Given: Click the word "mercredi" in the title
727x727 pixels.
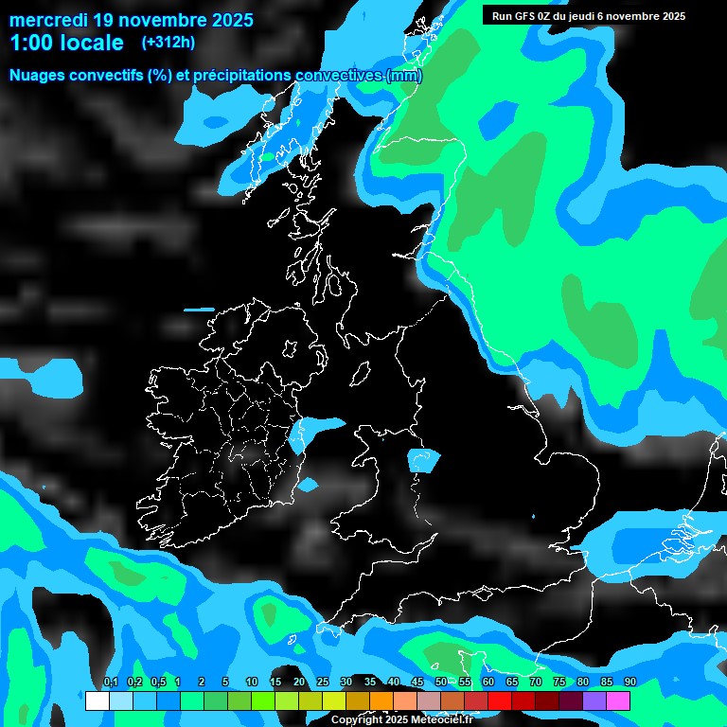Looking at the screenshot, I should tap(48, 20).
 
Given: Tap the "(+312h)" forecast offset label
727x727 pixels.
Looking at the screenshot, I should tap(168, 42).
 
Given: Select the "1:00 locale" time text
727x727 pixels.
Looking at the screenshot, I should tap(66, 43).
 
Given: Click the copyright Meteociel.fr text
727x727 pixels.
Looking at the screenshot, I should tap(401, 719).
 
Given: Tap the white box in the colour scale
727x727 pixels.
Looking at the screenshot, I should tap(98, 701).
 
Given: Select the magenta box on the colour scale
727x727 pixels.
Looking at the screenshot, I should tap(618, 701).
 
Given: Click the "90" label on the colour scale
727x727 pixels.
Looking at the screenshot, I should tap(630, 683).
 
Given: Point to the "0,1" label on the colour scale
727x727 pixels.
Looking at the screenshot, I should tap(110, 683).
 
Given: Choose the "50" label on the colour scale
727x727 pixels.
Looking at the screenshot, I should tap(441, 683).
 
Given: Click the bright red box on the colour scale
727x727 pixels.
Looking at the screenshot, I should tap(500, 701).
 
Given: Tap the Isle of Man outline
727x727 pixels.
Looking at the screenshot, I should tap(360, 375).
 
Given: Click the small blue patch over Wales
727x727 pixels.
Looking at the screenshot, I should tap(423, 460).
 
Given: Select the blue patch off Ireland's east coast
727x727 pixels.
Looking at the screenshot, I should tap(317, 431).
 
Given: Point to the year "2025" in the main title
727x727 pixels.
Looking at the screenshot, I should tap(226, 20).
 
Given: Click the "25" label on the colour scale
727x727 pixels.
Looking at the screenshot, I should tap(323, 683).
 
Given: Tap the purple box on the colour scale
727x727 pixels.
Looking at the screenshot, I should tap(594, 701).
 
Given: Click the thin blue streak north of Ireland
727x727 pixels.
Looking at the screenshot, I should tap(200, 310).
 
